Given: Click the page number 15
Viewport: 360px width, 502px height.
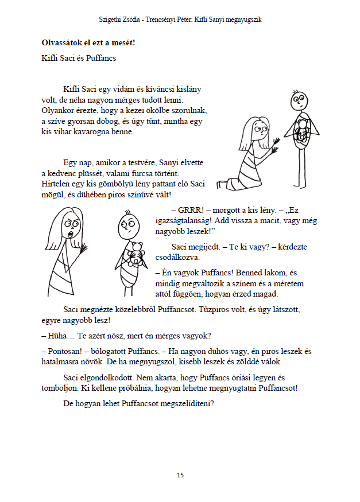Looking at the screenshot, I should [x=180, y=475].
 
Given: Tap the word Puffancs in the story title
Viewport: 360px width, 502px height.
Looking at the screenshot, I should [x=102, y=58].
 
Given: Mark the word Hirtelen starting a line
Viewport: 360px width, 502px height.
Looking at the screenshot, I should [x=57, y=184].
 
